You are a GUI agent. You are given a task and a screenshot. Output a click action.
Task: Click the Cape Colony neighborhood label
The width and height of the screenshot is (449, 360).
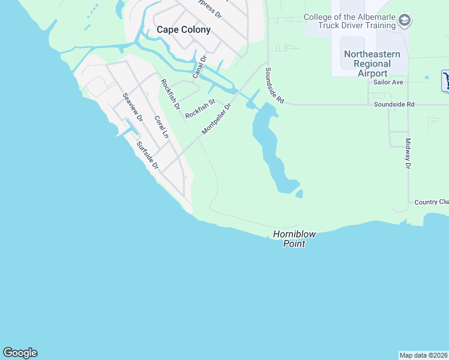click(183, 29)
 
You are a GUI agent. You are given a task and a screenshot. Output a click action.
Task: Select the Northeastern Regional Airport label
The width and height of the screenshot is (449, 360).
click(372, 63)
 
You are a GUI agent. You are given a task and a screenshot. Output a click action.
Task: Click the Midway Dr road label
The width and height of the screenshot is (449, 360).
click(408, 154)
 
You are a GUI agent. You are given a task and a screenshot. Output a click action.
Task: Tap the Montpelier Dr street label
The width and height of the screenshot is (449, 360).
click(216, 119)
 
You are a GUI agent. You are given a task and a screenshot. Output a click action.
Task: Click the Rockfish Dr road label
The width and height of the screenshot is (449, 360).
click(170, 95)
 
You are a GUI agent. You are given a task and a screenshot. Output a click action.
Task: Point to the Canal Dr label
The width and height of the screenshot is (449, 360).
click(199, 67)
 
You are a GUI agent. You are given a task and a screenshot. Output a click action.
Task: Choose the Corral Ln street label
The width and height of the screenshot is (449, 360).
click(161, 127)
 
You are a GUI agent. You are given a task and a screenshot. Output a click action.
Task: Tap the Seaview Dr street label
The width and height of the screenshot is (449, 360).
click(133, 107)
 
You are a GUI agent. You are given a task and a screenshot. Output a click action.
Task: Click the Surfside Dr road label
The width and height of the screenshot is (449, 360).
click(147, 155)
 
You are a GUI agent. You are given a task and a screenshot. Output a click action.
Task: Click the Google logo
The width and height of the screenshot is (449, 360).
click(20, 353)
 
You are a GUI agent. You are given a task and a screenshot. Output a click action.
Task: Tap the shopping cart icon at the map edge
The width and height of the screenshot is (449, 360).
click(446, 80)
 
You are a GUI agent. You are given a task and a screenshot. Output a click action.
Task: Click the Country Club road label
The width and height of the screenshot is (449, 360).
click(431, 203)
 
